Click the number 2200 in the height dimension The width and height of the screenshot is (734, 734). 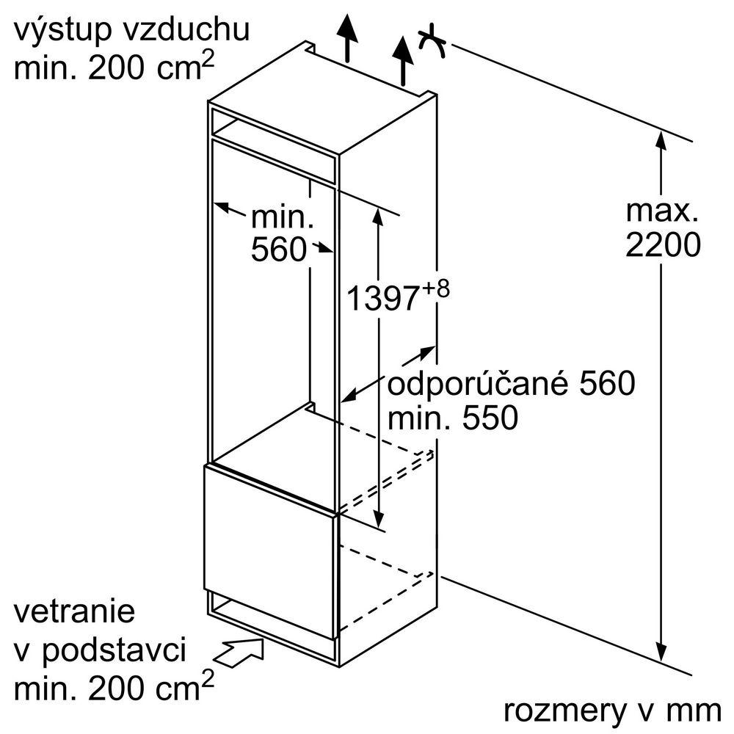pos(663,245)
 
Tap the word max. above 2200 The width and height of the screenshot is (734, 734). pos(662,211)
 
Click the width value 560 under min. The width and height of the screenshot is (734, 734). pos(279,249)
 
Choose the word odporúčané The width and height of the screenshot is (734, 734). pos(479,385)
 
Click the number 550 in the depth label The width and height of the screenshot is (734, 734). pos(490,418)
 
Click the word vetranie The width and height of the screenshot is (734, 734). pos(74,611)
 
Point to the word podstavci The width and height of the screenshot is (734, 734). pos(115,651)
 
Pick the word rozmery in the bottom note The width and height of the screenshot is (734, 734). pos(564,711)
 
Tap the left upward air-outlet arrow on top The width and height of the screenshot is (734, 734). pos(347,37)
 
